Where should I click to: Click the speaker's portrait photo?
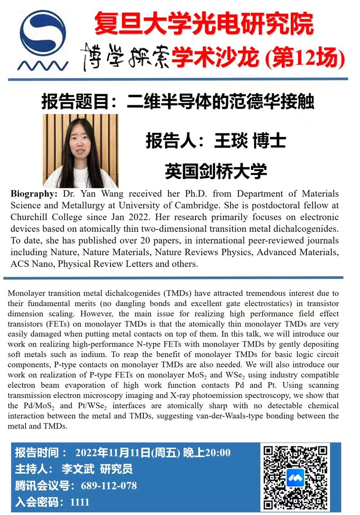tap(80, 150)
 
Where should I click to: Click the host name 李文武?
tap(78, 469)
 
